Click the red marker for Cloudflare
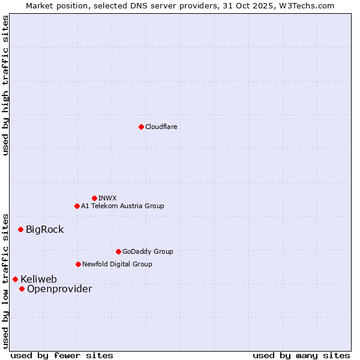point(141,127)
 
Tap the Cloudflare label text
point(161,127)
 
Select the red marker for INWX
point(94,198)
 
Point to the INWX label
point(108,198)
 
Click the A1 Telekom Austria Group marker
point(77,206)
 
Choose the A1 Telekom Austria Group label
point(122,206)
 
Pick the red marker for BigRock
point(20,229)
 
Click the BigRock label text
point(44,229)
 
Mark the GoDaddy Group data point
point(118,251)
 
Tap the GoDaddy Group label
point(148,251)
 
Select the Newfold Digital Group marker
point(78,264)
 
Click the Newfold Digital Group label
point(117,264)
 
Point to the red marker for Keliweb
point(15,279)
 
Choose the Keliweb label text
point(38,279)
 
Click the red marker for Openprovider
point(22,289)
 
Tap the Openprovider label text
point(59,289)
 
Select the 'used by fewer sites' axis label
point(62,355)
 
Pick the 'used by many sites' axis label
point(301,355)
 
